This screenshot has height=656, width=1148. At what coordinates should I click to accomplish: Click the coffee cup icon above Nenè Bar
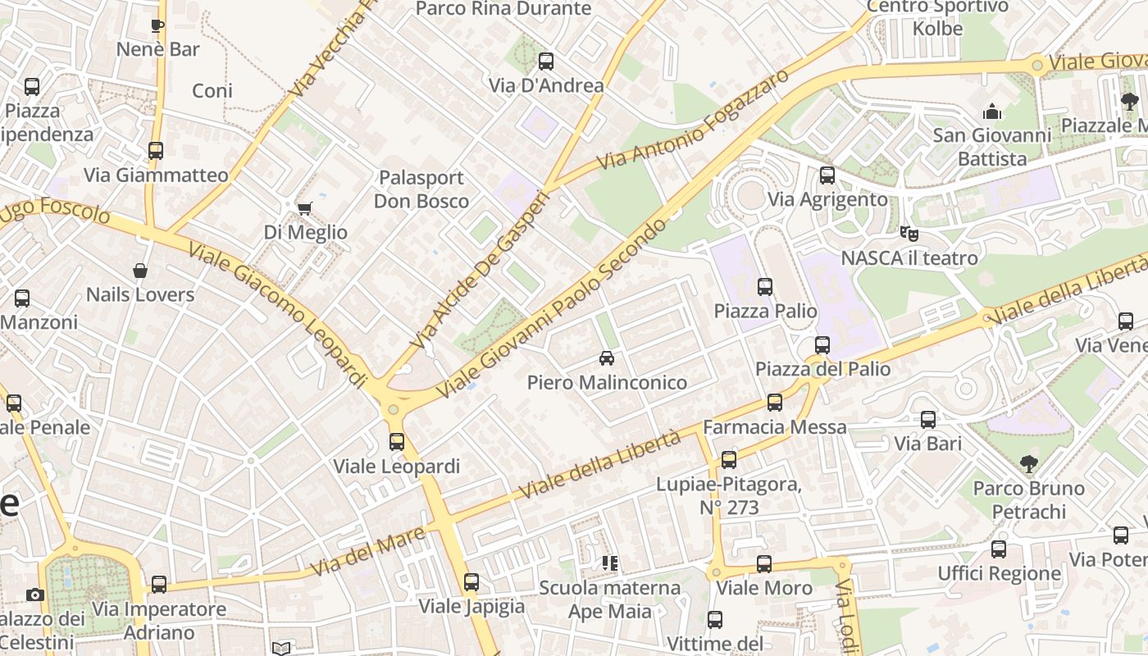(157, 25)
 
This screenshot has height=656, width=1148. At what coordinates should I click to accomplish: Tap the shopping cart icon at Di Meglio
(304, 208)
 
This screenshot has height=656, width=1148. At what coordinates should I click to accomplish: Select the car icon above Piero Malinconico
(607, 358)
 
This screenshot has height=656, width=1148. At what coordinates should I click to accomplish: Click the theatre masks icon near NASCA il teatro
(909, 234)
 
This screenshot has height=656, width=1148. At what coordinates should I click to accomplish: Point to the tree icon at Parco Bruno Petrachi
(1028, 464)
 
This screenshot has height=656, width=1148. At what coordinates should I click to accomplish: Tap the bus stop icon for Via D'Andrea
(546, 61)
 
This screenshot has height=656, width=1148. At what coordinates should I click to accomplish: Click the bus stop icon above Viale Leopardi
(397, 442)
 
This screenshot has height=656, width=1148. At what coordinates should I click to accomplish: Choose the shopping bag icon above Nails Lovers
(140, 271)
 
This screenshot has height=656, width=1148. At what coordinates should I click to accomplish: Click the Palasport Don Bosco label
(421, 189)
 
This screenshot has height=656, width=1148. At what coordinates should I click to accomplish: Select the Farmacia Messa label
(775, 427)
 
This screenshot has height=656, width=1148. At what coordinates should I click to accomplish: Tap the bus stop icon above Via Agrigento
(827, 175)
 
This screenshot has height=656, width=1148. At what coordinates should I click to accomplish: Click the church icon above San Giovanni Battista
(992, 111)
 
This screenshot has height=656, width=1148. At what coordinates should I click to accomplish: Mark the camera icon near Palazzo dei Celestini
(35, 594)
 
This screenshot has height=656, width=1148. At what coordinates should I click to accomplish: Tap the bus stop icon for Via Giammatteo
(156, 151)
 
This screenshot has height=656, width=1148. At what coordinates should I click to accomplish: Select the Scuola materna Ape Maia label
(610, 599)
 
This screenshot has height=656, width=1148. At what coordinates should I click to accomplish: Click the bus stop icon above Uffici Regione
(999, 549)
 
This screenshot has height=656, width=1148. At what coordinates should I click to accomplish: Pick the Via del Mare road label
(368, 551)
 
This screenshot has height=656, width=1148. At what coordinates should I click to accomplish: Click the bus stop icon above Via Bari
(928, 420)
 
